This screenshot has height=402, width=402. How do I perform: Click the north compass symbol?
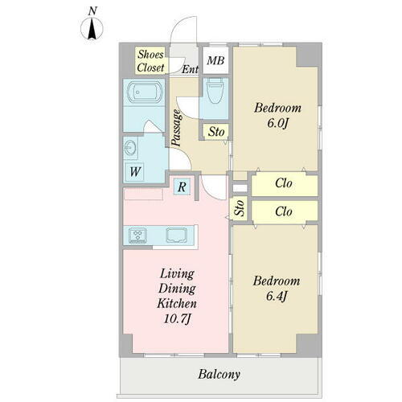[92, 28]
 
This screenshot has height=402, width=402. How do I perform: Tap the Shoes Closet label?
[150, 61]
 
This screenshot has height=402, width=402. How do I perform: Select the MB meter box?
[215, 60]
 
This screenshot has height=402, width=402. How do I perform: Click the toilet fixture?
[215, 91]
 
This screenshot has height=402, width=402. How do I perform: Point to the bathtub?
[145, 92]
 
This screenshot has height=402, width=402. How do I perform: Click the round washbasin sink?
[131, 147]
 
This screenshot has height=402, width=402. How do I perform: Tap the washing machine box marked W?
[135, 171]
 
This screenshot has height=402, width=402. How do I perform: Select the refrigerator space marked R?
[182, 187]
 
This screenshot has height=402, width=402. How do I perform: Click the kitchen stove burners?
[137, 236]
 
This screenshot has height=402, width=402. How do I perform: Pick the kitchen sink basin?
[176, 235]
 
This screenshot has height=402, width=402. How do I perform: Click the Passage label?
[177, 128]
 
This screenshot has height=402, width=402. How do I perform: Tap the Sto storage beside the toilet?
[216, 132]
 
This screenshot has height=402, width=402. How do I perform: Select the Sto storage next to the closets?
[239, 209]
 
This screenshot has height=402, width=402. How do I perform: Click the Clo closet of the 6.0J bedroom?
[285, 184]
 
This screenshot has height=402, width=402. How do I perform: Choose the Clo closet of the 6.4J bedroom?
[285, 211]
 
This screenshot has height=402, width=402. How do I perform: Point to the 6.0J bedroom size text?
[277, 124]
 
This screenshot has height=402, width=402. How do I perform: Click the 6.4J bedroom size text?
[277, 297]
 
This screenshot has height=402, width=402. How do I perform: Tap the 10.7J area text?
[177, 319]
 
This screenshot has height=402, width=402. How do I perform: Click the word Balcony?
[219, 375]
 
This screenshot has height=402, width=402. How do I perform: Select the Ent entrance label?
[190, 70]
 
